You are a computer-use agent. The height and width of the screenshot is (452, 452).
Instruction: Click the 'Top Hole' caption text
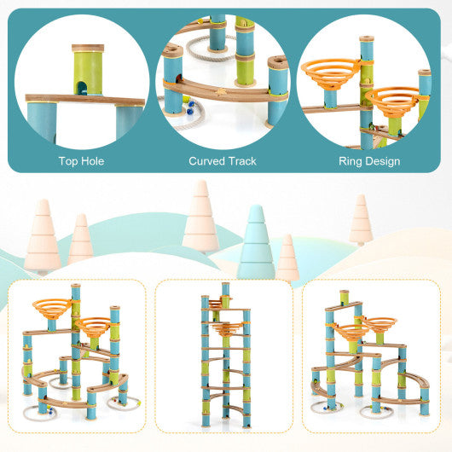pos(82,159)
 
